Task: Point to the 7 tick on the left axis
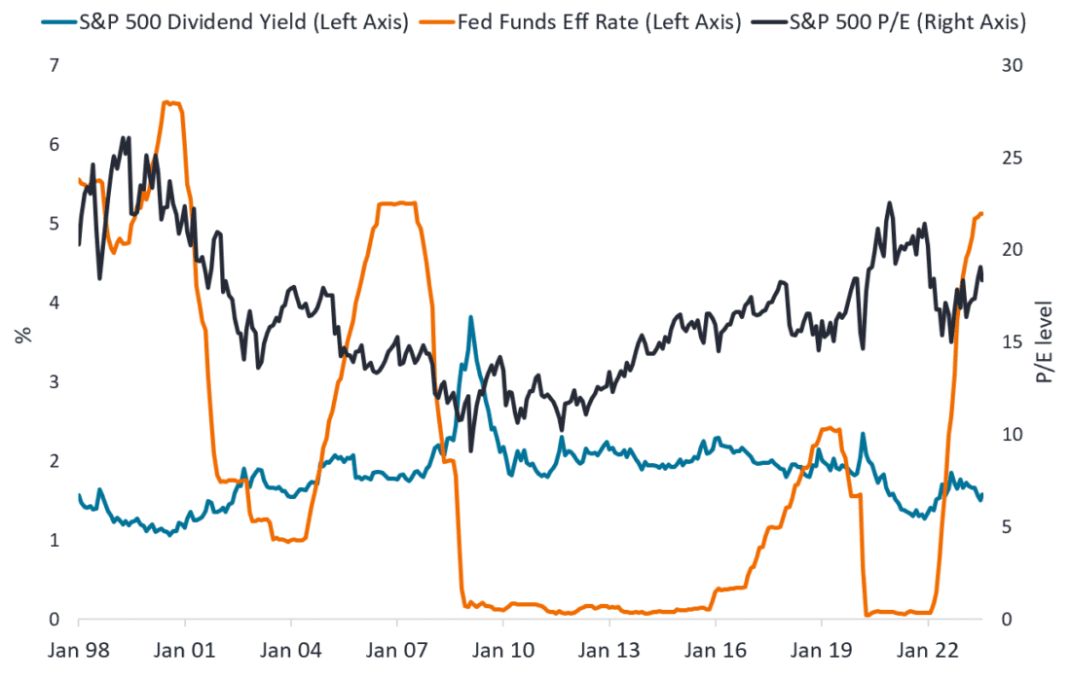click(x=54, y=65)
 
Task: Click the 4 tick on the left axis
click(x=54, y=303)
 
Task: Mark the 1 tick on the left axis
click(x=54, y=540)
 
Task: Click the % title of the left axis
click(x=21, y=336)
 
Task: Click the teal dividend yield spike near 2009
click(x=471, y=317)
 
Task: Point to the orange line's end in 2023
click(x=982, y=213)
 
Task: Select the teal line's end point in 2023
click(x=982, y=494)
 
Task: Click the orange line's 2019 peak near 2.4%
click(x=828, y=428)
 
